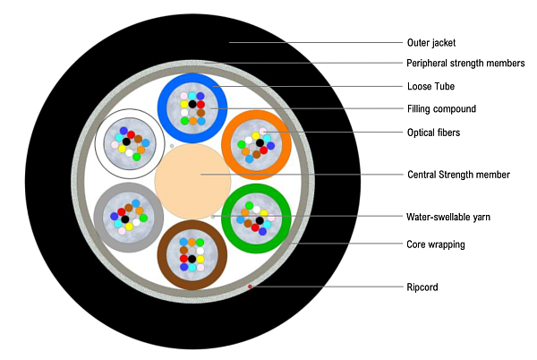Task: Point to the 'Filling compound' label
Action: point(441,109)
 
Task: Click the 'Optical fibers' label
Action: point(434,132)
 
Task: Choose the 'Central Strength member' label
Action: point(458,175)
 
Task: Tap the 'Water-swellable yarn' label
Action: point(447,217)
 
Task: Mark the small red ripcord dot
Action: point(250,287)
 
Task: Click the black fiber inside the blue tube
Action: point(192,105)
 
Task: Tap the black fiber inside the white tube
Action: point(126,141)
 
